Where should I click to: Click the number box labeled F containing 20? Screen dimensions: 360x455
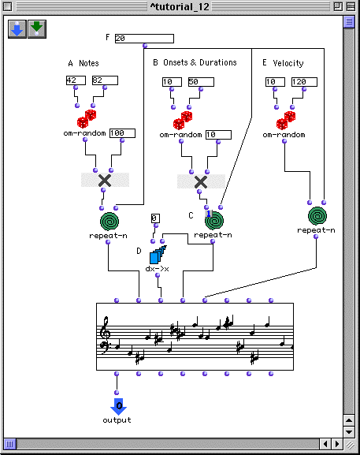(x=144, y=39)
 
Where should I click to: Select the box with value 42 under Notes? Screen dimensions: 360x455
(x=76, y=80)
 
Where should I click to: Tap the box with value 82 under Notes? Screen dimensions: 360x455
(x=105, y=80)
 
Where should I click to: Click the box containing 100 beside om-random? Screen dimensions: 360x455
(x=122, y=133)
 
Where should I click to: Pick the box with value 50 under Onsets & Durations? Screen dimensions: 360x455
(x=201, y=82)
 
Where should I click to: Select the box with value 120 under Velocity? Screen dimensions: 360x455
(x=304, y=82)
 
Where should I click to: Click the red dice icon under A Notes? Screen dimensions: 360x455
(x=87, y=119)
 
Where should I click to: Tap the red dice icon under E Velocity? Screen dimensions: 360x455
(x=286, y=120)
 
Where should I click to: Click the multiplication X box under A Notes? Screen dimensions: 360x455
(x=105, y=181)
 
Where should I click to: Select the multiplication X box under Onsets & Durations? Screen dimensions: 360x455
(x=201, y=181)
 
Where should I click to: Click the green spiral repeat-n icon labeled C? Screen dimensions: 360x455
(x=214, y=221)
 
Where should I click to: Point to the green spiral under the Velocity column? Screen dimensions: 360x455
(x=317, y=216)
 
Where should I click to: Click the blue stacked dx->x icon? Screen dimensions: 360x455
(x=158, y=255)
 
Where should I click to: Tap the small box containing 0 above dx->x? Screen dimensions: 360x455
(x=155, y=218)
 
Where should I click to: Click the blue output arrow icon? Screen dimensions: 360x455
(x=118, y=407)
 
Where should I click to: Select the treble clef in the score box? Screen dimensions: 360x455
(x=104, y=328)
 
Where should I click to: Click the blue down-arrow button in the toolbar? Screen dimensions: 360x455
(x=17, y=29)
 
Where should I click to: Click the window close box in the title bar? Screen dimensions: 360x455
(x=8, y=6)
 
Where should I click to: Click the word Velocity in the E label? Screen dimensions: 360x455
(x=288, y=63)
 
